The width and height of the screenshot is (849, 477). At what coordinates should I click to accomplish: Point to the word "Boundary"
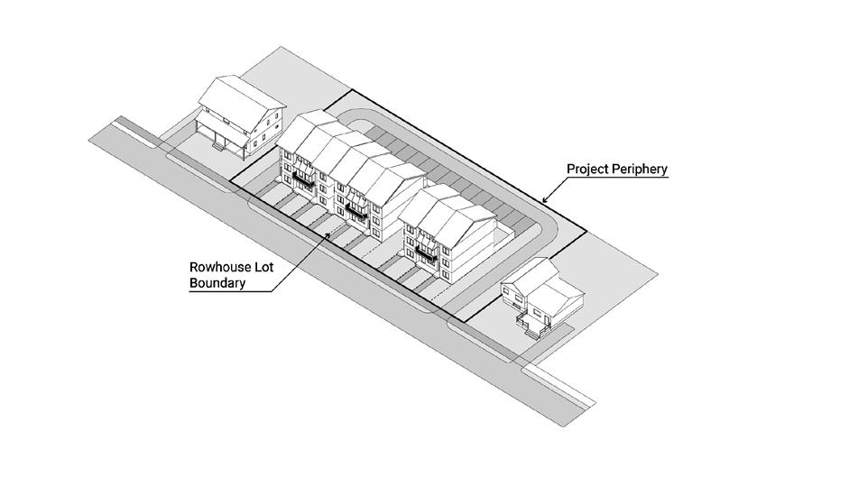click(216, 283)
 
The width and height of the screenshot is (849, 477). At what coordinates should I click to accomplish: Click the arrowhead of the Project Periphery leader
click(544, 200)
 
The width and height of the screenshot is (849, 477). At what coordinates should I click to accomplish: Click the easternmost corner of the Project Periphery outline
click(586, 233)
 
